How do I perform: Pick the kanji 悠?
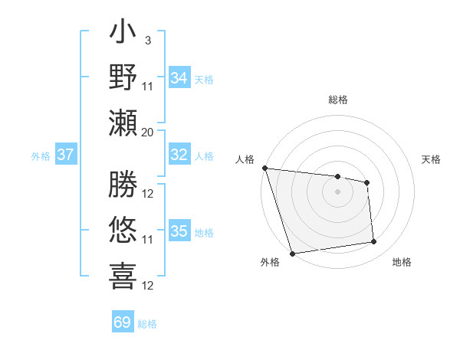coord(123,230)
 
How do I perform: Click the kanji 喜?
coord(123,277)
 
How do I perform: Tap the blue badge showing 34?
coord(179,77)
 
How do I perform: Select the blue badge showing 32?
coord(179,155)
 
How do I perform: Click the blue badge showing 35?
coord(179,231)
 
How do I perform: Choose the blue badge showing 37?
coord(66,155)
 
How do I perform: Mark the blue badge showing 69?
coord(123,322)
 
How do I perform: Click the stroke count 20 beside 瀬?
coord(147,132)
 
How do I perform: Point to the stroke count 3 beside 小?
coord(147,40)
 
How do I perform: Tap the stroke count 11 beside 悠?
coord(147,240)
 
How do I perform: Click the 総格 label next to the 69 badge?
coord(148,324)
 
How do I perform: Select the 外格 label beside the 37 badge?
coord(41,156)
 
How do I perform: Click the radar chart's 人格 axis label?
coord(245,159)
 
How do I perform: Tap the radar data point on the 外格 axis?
coord(292,254)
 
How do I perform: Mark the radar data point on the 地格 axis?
coord(374,242)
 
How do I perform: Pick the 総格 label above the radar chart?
coord(337,100)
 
